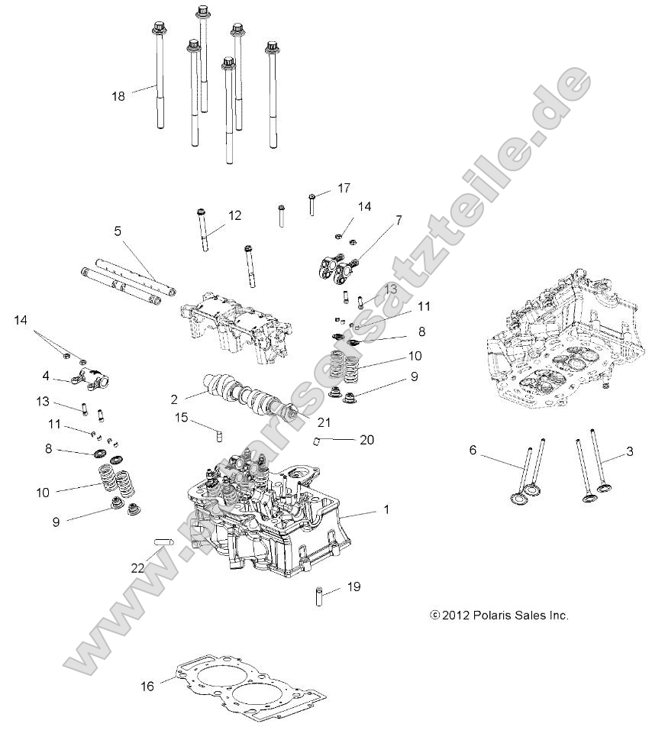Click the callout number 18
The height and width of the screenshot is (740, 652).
(118, 95)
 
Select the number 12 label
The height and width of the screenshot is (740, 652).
(234, 215)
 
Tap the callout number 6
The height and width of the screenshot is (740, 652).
(473, 451)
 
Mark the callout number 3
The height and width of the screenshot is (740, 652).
(629, 451)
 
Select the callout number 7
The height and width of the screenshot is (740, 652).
(398, 221)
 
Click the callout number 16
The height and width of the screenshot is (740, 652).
(147, 686)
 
